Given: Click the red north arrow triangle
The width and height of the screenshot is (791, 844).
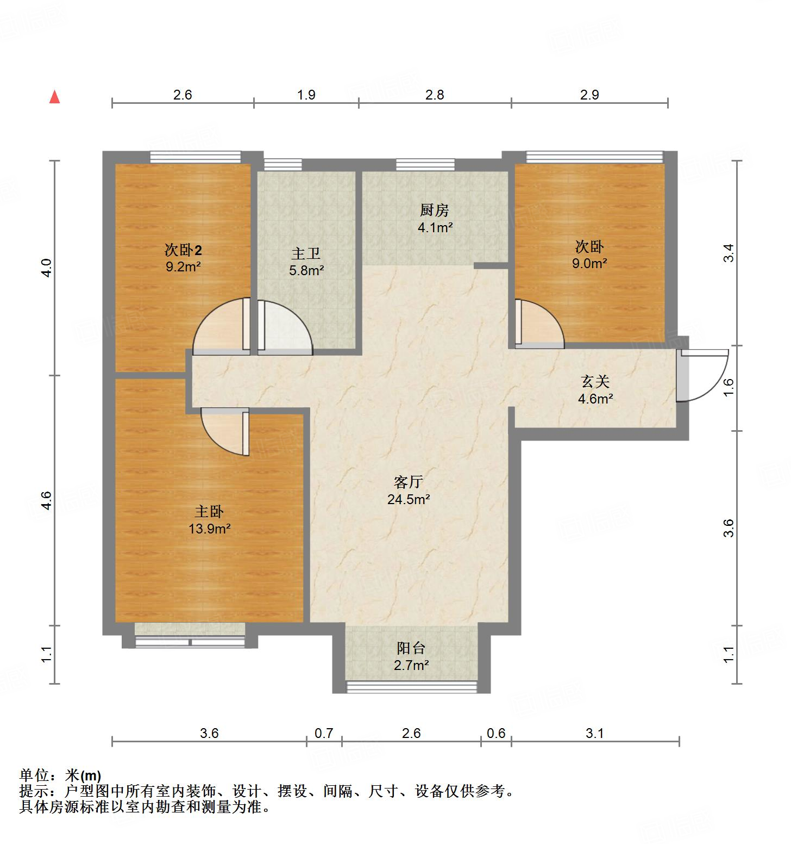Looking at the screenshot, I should pos(54,97).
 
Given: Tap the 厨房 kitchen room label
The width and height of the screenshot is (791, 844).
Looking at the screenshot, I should pos(435,210).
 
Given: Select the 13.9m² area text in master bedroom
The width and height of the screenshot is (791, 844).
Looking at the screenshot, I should pos(210,528).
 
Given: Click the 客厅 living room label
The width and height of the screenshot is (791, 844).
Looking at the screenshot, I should pos(409,482).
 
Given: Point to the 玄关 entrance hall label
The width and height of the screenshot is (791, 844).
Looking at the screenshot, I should pos(595,382).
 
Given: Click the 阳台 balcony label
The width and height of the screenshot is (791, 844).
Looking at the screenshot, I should pos(411,648).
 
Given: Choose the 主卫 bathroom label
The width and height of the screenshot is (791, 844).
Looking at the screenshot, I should pos(306,253).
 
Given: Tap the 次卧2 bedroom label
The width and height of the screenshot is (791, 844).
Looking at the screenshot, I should pos(183,250).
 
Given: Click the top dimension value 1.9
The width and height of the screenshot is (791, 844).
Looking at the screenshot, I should pos(306,95).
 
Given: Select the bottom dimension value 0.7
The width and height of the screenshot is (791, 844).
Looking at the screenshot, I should pos(324,733).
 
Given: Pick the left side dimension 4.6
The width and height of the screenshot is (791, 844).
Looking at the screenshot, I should pos(46,500).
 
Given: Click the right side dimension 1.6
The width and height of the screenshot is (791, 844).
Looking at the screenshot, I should pos(729,387).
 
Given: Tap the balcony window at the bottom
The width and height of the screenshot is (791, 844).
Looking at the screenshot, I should pos(411,687).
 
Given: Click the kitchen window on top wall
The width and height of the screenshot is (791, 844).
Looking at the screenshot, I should pos(425,164).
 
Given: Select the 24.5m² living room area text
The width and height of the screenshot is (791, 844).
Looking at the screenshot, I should pos(409,499).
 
